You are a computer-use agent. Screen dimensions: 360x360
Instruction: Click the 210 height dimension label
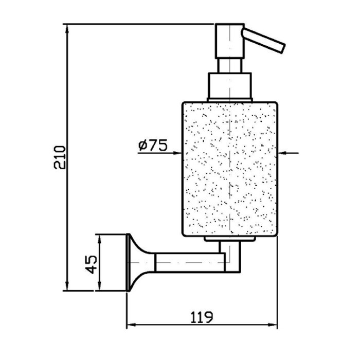click(60, 157)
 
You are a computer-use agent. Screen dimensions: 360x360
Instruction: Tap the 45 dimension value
click(92, 264)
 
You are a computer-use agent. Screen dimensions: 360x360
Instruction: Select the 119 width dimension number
click(202, 317)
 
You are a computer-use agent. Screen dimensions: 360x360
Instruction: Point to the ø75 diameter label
click(153, 146)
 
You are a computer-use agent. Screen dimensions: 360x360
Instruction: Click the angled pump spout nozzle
click(263, 41)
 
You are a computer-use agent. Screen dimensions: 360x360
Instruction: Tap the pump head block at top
click(229, 41)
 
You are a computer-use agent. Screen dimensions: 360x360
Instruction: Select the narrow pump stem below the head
click(229, 66)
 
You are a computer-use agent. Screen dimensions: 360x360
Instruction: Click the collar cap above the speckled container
click(229, 86)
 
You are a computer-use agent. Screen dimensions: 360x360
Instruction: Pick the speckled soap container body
click(230, 169)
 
